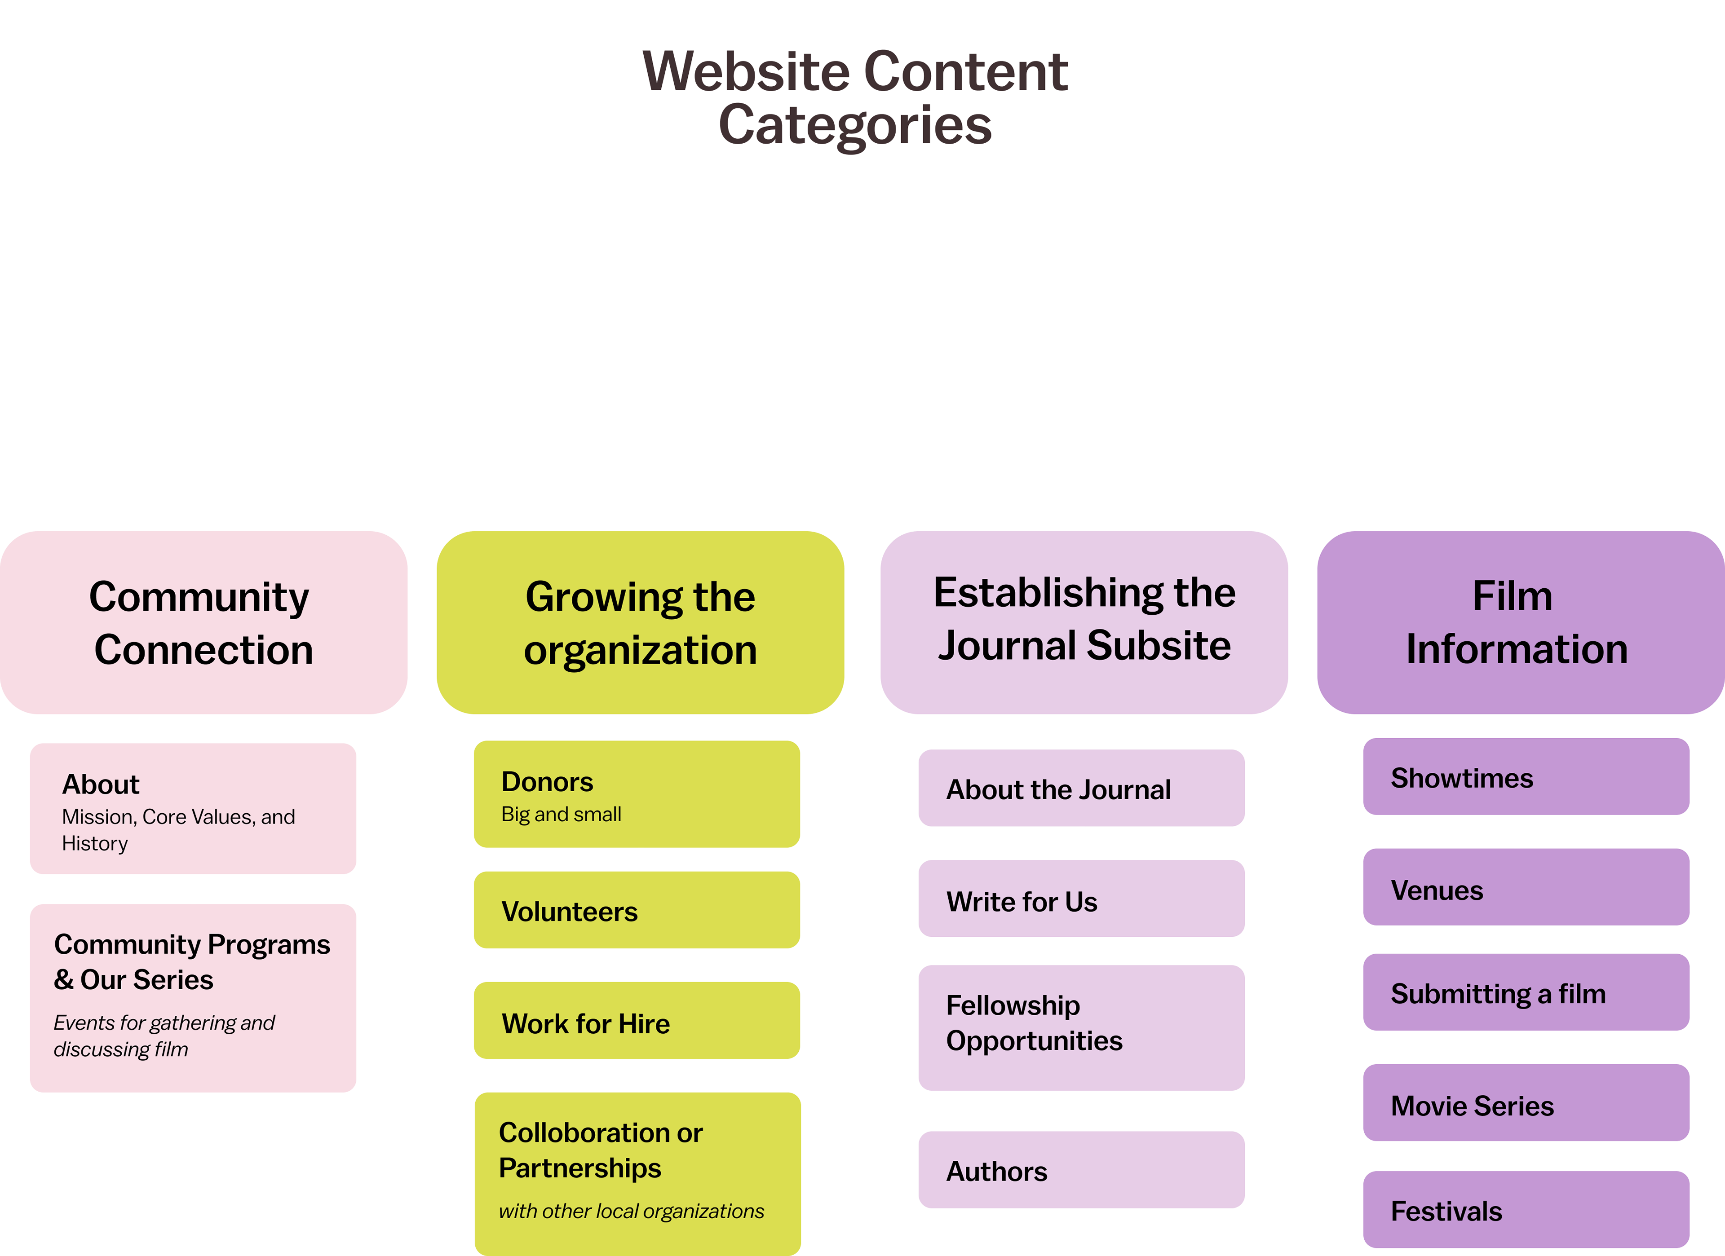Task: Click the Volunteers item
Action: coord(637,910)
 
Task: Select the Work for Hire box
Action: coord(637,1021)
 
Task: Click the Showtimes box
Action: coord(1526,776)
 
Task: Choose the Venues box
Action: coord(1526,887)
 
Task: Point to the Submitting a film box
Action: coord(1526,992)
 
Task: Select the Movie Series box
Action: coord(1526,1103)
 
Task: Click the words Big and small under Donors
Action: coord(562,814)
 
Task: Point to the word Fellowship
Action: coord(1013,1005)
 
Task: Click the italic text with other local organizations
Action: coord(631,1211)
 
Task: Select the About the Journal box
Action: coord(1081,789)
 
